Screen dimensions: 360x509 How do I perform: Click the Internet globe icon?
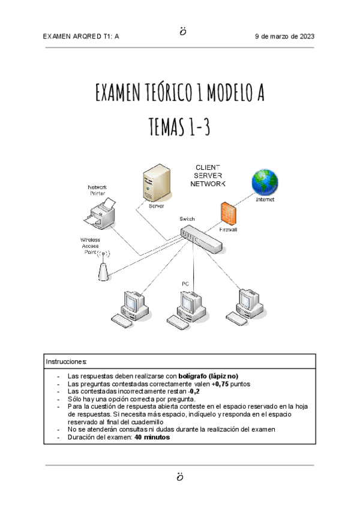265,181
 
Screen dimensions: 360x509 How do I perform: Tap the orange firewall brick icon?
228,214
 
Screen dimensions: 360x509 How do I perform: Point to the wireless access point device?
104,267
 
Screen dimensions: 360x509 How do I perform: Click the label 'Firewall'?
228,229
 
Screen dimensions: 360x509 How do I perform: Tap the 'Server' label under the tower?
157,205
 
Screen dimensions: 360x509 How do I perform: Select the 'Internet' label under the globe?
265,199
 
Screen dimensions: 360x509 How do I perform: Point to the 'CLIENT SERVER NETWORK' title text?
208,175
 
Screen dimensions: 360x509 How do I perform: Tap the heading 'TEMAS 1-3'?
179,127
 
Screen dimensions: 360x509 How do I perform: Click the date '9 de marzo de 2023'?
284,37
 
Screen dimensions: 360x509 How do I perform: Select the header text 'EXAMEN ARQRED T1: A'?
82,37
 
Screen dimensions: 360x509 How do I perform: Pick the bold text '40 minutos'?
152,438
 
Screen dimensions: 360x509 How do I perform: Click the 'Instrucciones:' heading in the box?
67,362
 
